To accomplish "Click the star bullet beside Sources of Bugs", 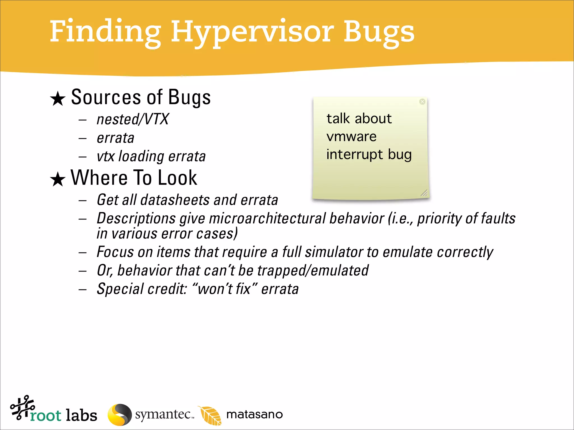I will pyautogui.click(x=58, y=99).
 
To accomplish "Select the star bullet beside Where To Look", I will pyautogui.click(x=58, y=179).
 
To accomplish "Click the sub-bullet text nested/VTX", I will pyautogui.click(x=133, y=119).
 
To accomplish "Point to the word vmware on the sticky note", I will pyautogui.click(x=351, y=137).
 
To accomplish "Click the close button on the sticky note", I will pyautogui.click(x=422, y=102).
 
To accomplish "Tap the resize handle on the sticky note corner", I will pyautogui.click(x=424, y=193).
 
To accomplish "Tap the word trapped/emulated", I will pyautogui.click(x=313, y=271).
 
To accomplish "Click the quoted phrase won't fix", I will pyautogui.click(x=224, y=289).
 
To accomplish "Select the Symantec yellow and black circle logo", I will pyautogui.click(x=120, y=415).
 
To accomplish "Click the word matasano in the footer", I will pyautogui.click(x=254, y=415).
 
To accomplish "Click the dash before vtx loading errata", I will pyautogui.click(x=82, y=157).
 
